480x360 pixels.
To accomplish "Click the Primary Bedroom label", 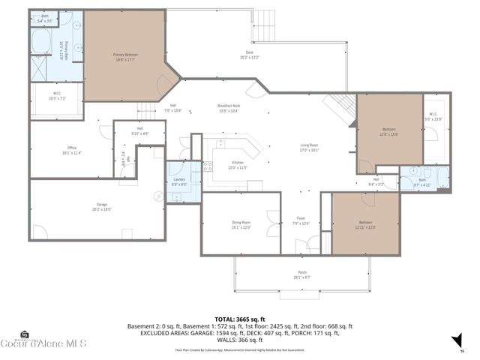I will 126,57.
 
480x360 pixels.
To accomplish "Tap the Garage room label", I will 102,207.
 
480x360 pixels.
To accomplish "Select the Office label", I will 73,150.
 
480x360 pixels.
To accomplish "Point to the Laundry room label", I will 178,181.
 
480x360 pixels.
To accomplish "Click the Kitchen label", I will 237,165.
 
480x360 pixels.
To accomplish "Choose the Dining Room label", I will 241,225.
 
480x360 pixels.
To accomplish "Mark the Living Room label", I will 310,148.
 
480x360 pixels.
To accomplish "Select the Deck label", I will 249,55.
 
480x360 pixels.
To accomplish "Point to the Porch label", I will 302,275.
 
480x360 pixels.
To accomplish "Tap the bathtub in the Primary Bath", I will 40,41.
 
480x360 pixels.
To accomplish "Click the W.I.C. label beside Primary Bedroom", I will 58,96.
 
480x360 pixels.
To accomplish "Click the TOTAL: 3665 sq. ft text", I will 240,319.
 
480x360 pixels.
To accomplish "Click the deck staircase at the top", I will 266,27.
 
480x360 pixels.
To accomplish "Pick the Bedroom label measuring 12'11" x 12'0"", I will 365,225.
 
